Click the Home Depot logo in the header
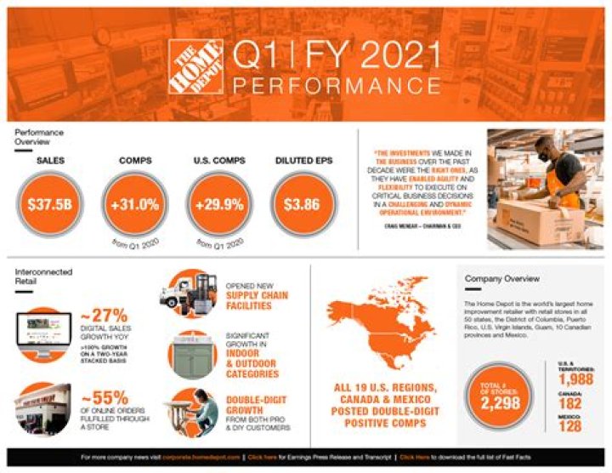tap(195, 67)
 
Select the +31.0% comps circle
tap(131, 205)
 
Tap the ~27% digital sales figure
tap(104, 314)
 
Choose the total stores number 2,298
tap(500, 403)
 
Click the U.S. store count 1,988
tap(577, 377)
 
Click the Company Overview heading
tap(502, 278)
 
